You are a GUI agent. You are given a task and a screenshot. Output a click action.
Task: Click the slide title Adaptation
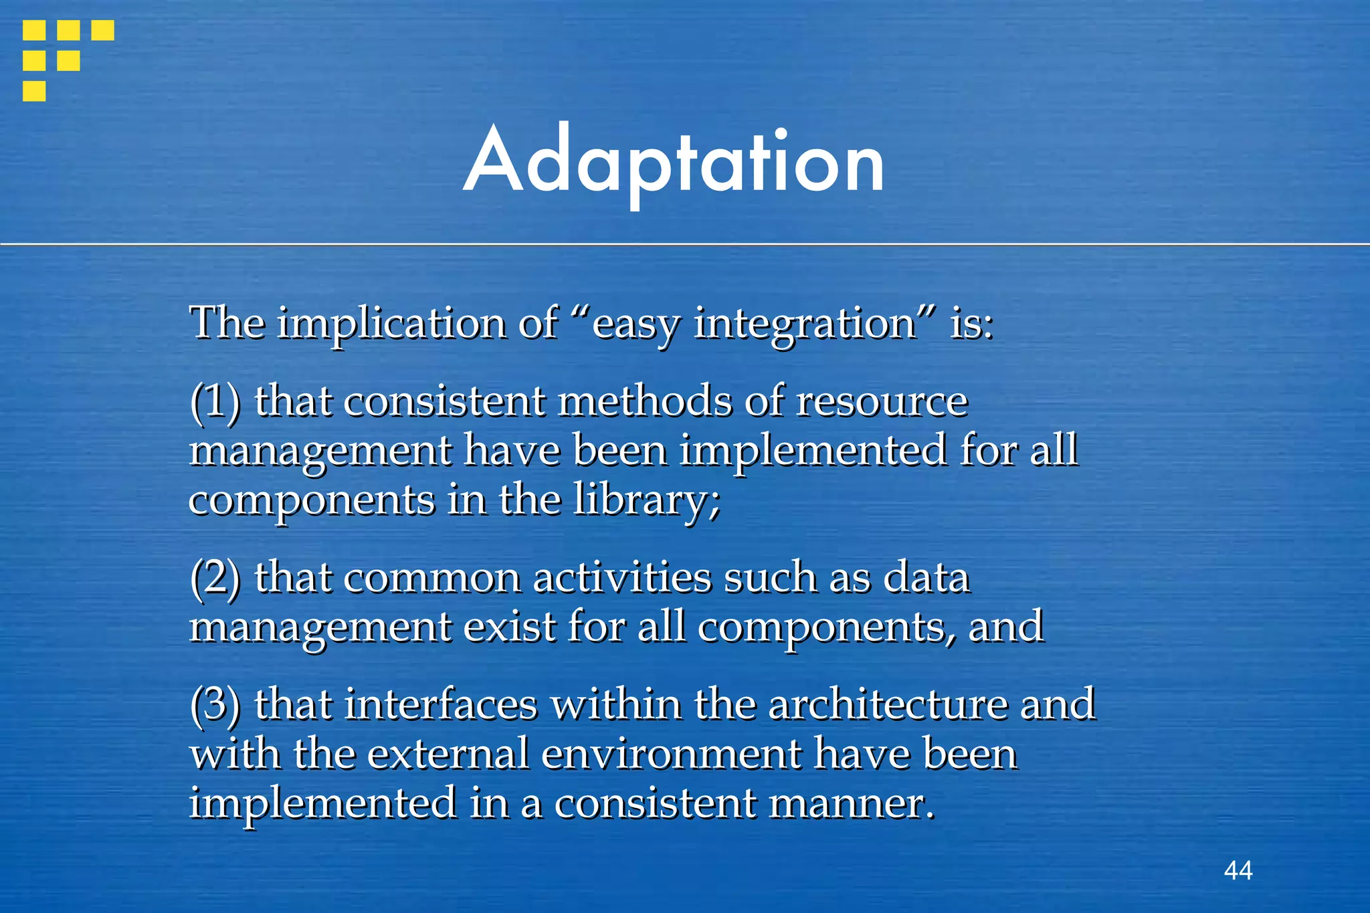[674, 163]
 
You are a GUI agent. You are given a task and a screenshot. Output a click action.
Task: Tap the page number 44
[1238, 870]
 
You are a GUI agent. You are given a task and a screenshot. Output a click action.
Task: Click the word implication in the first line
[391, 324]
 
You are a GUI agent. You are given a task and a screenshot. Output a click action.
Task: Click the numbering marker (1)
[215, 403]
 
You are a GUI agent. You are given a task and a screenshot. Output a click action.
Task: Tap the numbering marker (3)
[215, 705]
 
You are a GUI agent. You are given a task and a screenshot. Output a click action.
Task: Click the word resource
[882, 403]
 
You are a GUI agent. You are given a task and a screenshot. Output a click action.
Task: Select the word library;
[646, 500]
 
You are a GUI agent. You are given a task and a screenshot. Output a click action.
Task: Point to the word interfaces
[441, 705]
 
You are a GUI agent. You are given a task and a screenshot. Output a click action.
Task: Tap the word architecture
[887, 705]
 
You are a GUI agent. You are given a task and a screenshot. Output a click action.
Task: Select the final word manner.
[851, 804]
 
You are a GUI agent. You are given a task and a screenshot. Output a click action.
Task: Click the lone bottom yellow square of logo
[34, 91]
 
